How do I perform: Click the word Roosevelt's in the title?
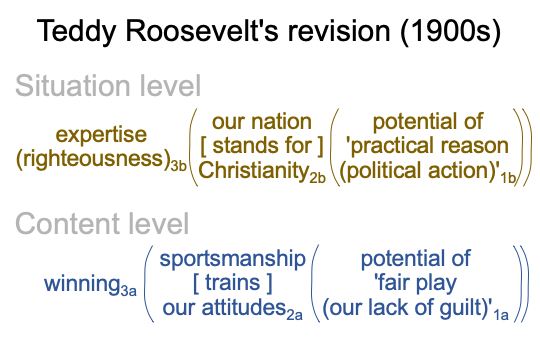202,31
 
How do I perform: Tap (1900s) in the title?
450,32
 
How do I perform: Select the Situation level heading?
108,86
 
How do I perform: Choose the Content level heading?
102,224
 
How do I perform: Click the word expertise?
101,135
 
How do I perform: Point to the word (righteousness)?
93,159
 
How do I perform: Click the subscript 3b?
178,166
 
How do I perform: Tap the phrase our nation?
262,122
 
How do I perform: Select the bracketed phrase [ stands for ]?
262,146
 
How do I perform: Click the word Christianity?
253,171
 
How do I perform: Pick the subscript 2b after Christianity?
317,178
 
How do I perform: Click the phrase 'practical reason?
427,146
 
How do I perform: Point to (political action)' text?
419,171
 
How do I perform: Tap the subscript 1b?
508,178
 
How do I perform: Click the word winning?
82,284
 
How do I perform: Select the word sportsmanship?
232,259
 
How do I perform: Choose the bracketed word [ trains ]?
232,283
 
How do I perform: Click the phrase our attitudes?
224,308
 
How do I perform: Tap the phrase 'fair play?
415,284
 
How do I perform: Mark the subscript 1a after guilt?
501,315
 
